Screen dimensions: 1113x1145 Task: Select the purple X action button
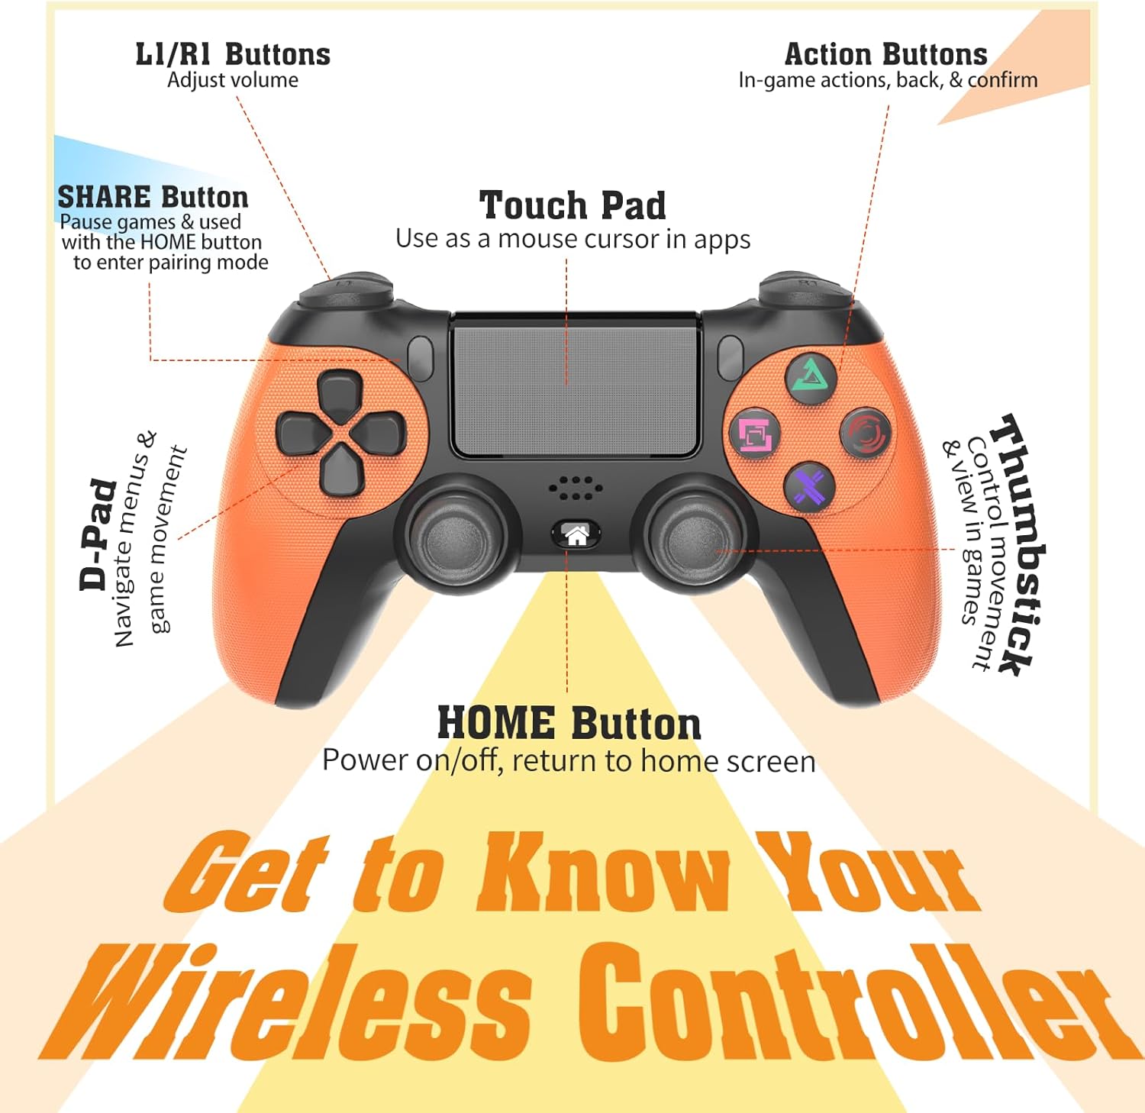point(809,486)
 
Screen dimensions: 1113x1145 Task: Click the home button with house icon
point(576,535)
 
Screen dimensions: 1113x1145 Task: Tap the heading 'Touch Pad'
point(572,205)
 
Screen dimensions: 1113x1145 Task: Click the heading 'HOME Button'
point(569,723)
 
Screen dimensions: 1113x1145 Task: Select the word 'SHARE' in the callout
point(104,198)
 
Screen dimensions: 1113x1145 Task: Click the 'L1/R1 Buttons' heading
point(233,54)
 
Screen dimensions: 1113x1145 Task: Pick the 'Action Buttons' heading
point(885,54)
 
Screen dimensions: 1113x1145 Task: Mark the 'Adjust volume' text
point(233,80)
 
